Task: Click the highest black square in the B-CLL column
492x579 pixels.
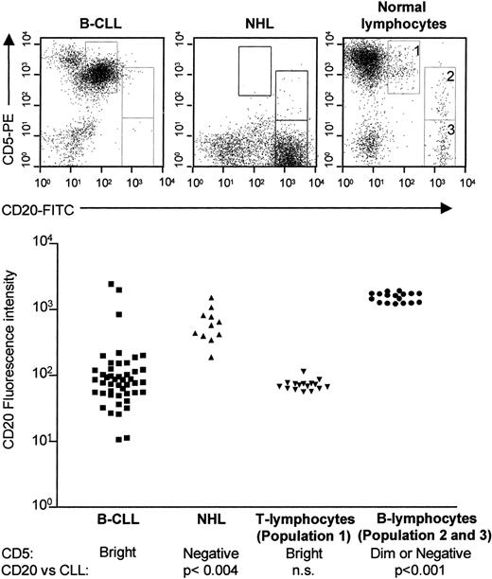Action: click(112, 284)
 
